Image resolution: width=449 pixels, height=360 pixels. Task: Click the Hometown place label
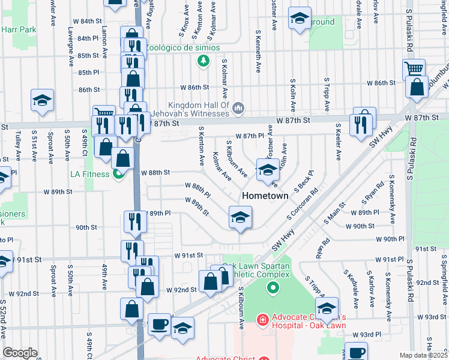pyautogui.click(x=265, y=196)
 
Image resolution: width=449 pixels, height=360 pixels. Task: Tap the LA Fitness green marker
pyautogui.click(x=119, y=174)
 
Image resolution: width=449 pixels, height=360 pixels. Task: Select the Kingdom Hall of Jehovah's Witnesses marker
pyautogui.click(x=239, y=108)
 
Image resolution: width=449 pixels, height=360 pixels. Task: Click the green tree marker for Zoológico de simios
pyautogui.click(x=203, y=61)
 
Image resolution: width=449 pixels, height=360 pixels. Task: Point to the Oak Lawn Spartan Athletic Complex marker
pyautogui.click(x=273, y=289)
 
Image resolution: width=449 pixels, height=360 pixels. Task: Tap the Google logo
pyautogui.click(x=20, y=353)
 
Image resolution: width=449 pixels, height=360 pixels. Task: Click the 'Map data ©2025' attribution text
pyautogui.click(x=424, y=355)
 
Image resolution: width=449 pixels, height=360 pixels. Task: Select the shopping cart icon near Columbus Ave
pyautogui.click(x=413, y=69)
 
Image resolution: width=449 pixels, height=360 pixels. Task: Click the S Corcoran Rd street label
pyautogui.click(x=302, y=206)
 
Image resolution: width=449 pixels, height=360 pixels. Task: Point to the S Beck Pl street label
pyautogui.click(x=301, y=181)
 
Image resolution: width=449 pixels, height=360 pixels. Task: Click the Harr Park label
pyautogui.click(x=19, y=29)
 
